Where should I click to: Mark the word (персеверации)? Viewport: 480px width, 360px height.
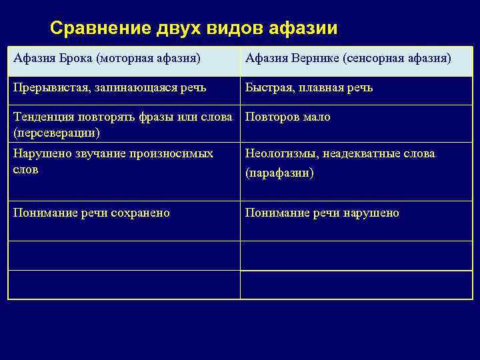57,132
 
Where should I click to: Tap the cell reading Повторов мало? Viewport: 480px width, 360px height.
287,117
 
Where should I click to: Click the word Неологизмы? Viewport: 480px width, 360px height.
279,154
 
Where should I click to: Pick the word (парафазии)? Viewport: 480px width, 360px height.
279,173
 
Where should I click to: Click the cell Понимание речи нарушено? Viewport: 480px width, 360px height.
322,213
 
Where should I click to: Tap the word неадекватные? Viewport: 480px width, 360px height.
365,154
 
